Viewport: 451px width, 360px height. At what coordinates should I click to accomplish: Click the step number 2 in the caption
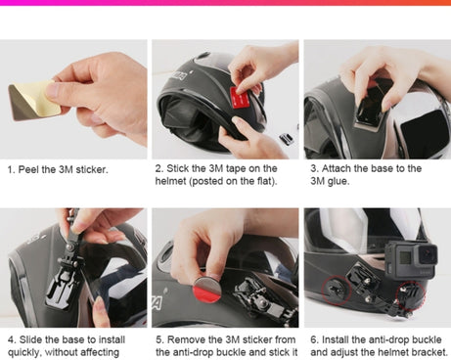(158, 169)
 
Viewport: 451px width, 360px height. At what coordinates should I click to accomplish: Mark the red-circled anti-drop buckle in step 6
(336, 290)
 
